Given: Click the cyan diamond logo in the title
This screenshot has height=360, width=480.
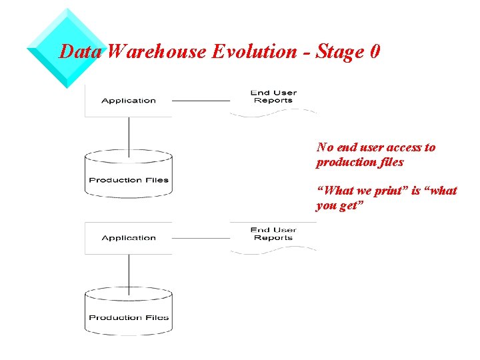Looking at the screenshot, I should pos(67,48).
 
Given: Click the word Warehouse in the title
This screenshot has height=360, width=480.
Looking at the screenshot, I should pos(157,52).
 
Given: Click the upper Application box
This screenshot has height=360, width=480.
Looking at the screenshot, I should pos(129,101).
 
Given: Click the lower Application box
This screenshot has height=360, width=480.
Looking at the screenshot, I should pos(129,238).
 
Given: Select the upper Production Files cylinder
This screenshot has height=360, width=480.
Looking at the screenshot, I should pos(129,175).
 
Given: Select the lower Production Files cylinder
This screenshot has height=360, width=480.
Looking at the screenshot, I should pos(129,312).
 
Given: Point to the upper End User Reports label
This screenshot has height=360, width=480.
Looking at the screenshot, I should pos(273,97).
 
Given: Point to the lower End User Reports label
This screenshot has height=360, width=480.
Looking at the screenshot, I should pos(273,234).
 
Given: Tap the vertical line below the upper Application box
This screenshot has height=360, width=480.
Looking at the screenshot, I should pos(129,133).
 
